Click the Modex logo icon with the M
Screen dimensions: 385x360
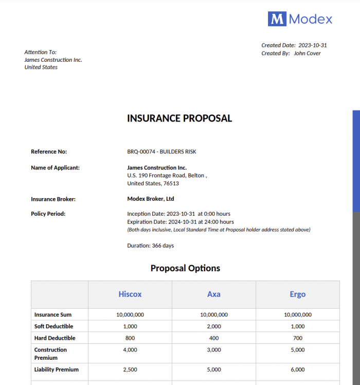277,19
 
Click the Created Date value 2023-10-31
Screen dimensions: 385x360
313,45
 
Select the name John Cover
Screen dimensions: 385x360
307,54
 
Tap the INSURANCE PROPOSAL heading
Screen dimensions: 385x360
179,118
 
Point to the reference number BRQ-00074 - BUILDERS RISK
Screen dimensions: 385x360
161,152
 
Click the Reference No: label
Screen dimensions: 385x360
49,152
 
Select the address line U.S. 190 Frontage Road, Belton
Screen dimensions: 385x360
167,176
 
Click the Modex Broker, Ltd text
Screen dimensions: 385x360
151,199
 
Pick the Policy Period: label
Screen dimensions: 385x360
48,214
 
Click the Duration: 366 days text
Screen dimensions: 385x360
151,246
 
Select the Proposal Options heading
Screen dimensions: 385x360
185,268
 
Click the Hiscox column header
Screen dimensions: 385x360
130,294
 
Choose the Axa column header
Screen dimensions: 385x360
214,294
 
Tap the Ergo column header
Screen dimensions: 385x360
297,294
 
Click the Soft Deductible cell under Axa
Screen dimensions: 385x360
214,326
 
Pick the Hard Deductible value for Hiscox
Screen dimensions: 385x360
130,338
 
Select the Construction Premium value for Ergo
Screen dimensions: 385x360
297,350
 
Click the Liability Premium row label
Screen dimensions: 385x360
56,370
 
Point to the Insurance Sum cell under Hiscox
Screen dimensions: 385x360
130,314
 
